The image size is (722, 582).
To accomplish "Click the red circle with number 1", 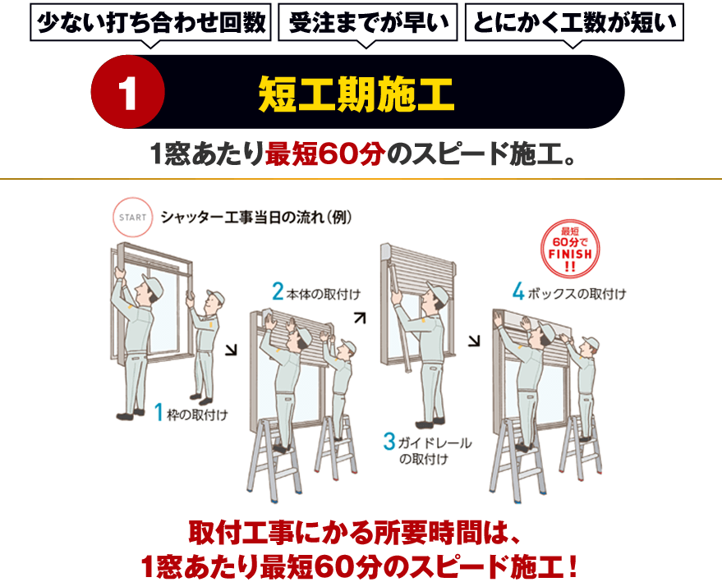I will [x=129, y=93].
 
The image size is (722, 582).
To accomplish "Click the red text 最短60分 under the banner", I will [x=324, y=154].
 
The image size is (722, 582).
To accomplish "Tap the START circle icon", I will [x=132, y=218].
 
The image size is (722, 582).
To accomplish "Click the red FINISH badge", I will [x=570, y=246].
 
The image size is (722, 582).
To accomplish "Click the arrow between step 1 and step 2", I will [x=230, y=351].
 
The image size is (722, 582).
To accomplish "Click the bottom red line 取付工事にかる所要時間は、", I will [x=355, y=530].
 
